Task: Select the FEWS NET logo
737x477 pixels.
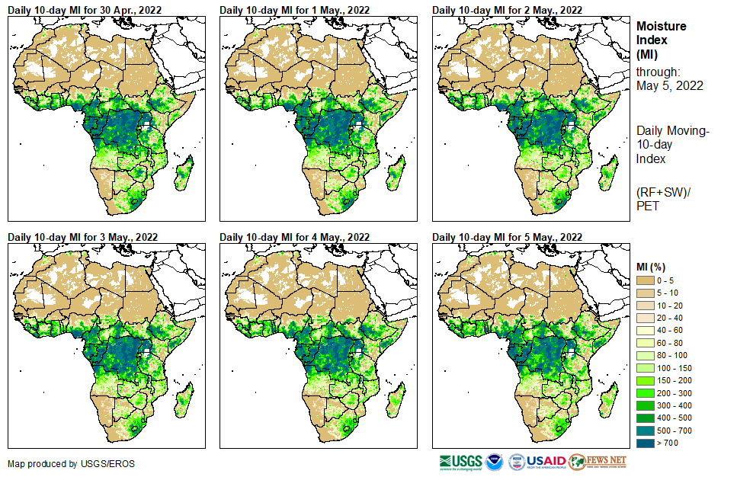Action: coord(598,462)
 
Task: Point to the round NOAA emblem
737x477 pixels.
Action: coord(495,462)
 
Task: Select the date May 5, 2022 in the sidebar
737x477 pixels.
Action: coord(669,85)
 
